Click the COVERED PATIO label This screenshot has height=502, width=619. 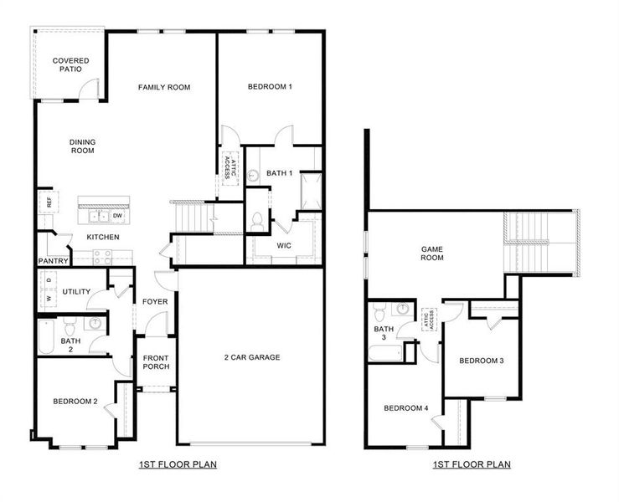pos(70,64)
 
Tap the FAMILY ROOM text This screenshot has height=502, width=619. pos(164,87)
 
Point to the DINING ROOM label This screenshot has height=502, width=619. pos(81,146)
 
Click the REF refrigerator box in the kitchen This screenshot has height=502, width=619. pos(49,202)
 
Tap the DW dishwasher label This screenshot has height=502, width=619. pos(117,216)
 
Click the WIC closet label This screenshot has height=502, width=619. pos(284,245)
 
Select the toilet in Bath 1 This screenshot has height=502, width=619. pos(258,222)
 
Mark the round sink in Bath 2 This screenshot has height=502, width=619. pos(95,324)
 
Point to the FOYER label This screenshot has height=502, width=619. pos(154,302)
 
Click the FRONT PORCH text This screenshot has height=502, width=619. pos(157,363)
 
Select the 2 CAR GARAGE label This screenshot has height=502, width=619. pos(251,357)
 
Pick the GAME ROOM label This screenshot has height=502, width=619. pos(432,253)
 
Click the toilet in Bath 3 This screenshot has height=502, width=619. pos(380,313)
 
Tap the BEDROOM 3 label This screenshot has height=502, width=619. pos(481,361)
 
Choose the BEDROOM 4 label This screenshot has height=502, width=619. pos(406,408)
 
